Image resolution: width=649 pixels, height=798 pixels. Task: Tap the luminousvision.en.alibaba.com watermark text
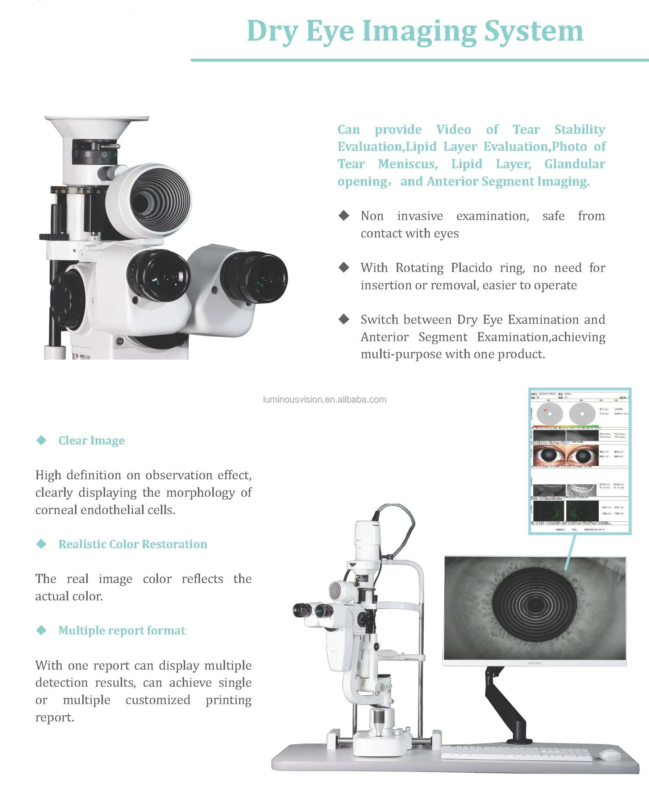325,400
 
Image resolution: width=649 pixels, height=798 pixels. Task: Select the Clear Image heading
92,441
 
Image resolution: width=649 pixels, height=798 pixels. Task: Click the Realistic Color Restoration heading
133,544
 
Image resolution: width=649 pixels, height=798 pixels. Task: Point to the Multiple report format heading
122,630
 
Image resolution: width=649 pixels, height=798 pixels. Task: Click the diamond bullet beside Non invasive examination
344,215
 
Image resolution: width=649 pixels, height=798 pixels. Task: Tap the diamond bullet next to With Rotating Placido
344,267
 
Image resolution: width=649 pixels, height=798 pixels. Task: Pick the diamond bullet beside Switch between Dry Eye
344,319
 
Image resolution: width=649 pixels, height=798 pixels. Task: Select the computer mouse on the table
610,755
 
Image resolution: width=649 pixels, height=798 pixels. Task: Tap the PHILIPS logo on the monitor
534,663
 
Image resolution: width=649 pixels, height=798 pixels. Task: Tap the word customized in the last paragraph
158,700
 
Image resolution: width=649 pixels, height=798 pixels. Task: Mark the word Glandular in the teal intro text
575,164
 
